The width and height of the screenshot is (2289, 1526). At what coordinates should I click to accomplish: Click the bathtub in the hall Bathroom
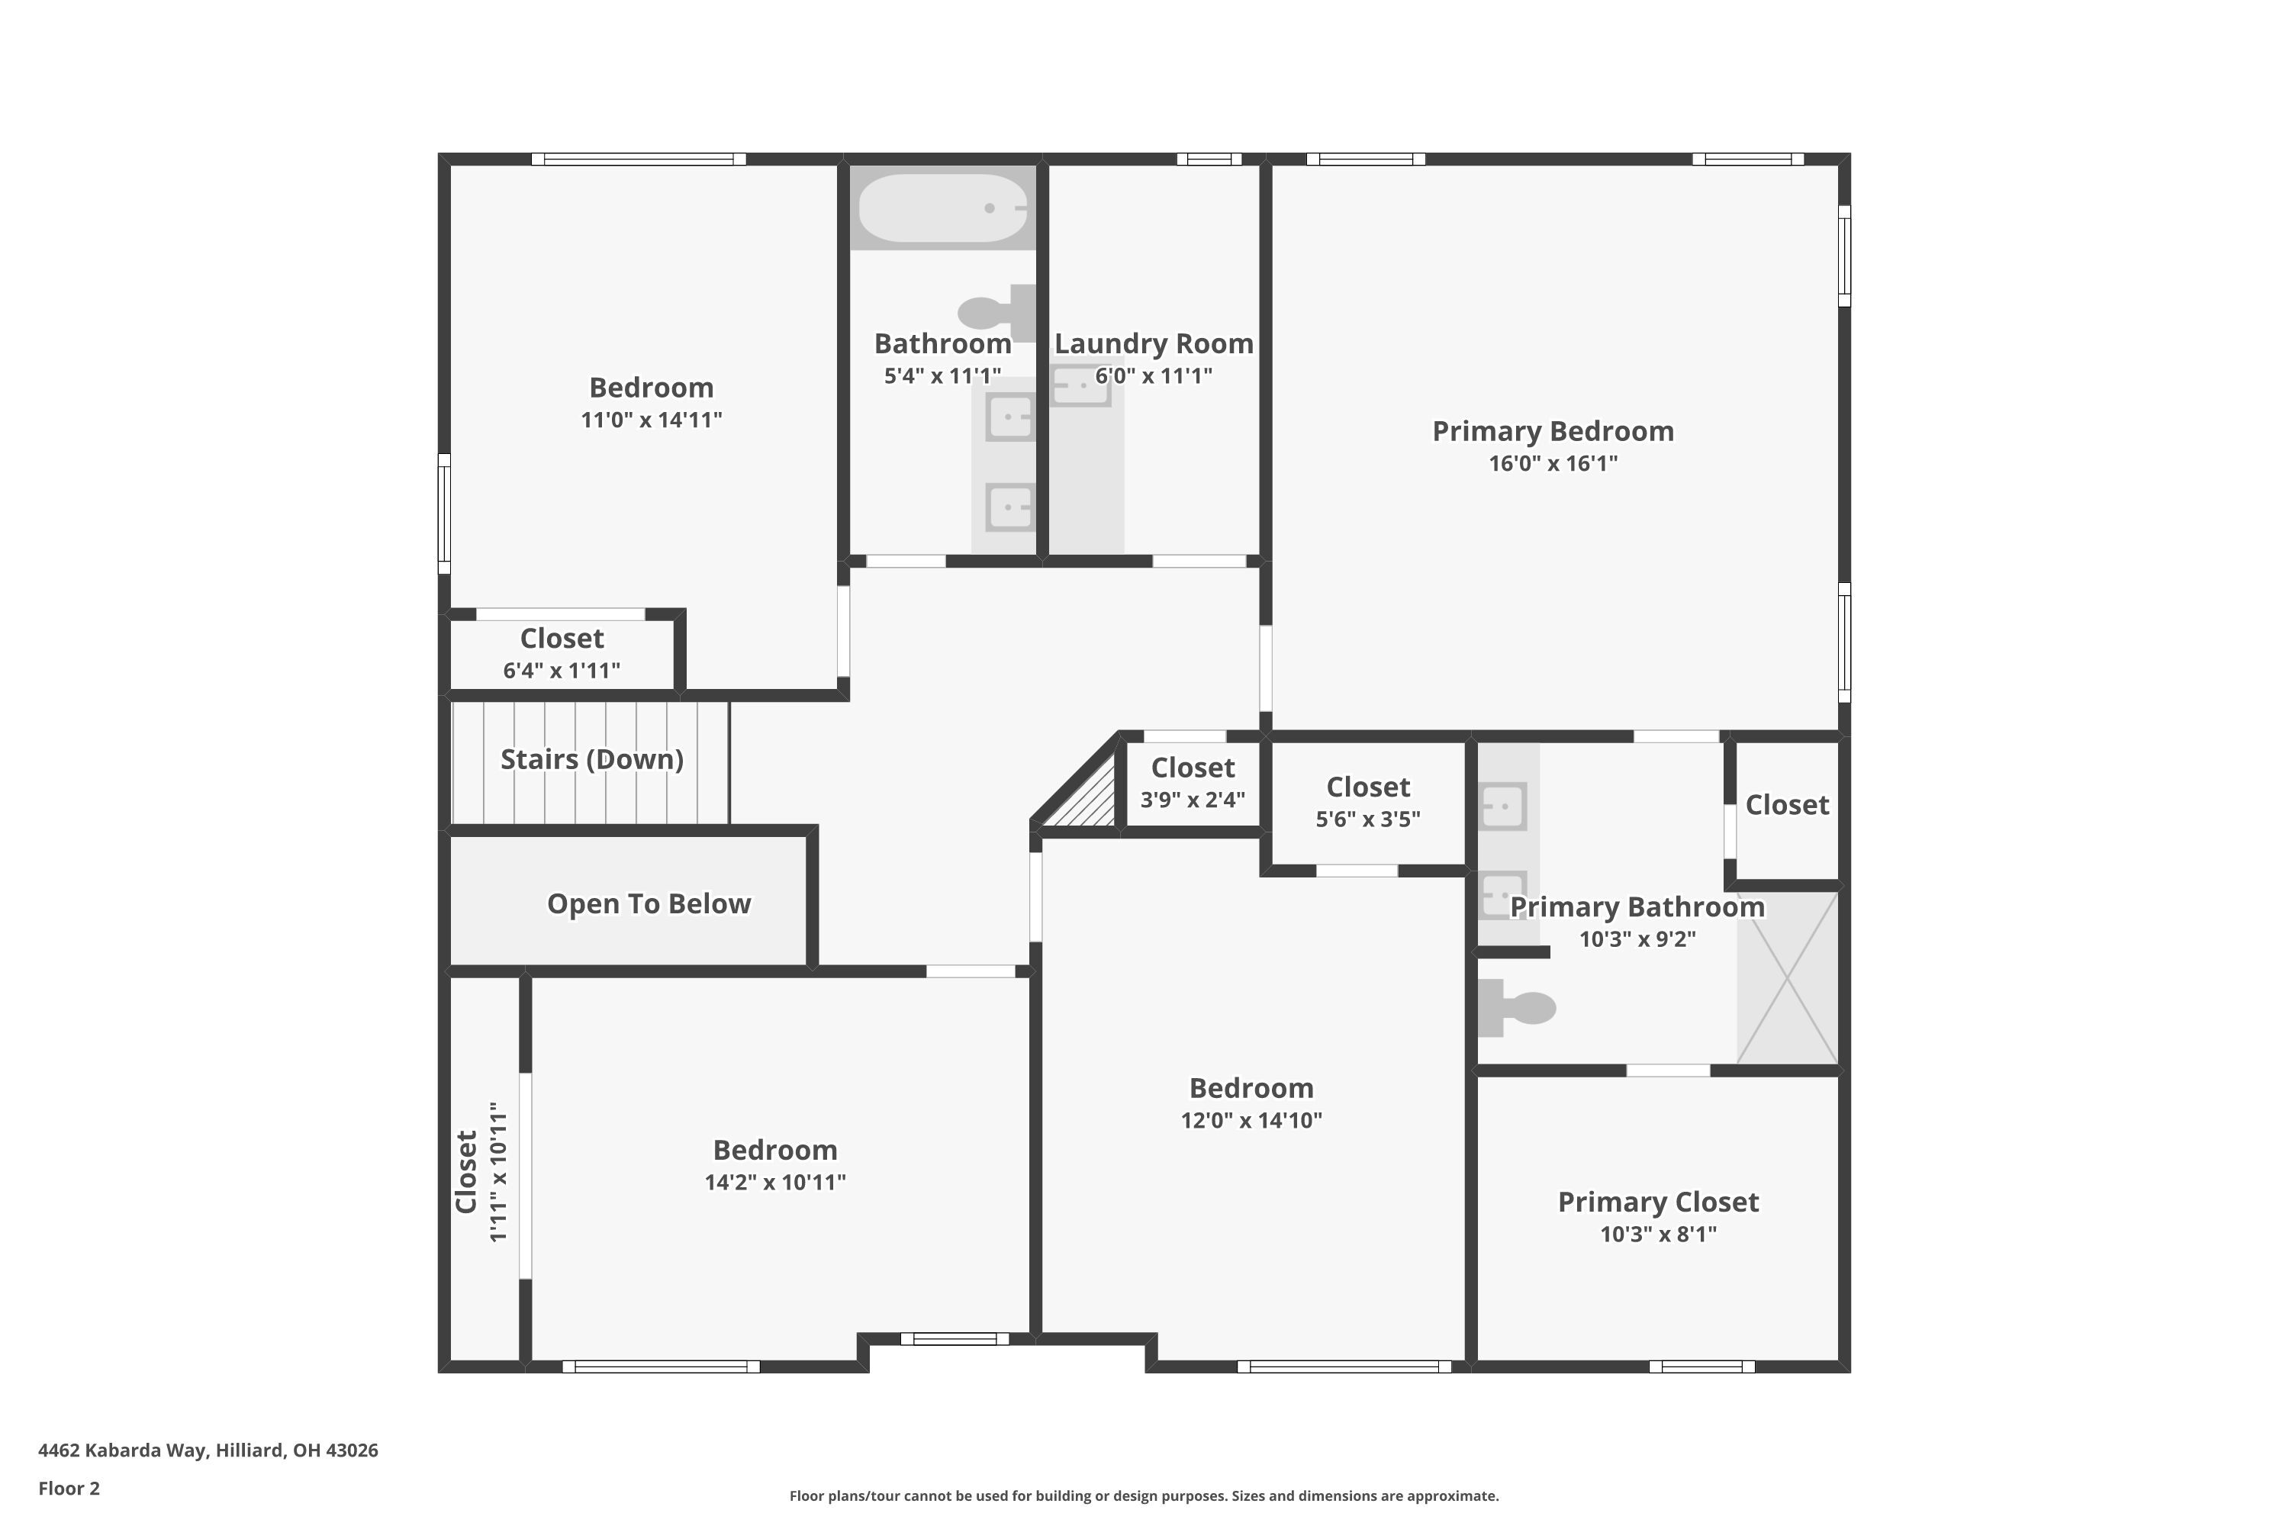[x=942, y=208]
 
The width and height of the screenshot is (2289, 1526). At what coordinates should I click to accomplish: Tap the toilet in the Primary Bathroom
[x=1518, y=1007]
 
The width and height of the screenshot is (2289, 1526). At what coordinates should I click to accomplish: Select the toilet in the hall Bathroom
[x=995, y=312]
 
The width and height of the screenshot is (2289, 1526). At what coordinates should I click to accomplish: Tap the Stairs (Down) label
[x=592, y=759]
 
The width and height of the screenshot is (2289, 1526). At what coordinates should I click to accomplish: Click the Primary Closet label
[x=1657, y=1202]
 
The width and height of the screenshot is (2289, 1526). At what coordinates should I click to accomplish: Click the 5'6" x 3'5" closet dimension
[x=1367, y=819]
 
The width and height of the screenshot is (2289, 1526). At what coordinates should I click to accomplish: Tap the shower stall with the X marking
[x=1787, y=978]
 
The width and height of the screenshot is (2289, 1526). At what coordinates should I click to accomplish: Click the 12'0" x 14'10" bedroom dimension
[x=1251, y=1120]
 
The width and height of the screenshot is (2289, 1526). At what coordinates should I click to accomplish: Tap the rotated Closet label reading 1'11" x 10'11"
[x=481, y=1172]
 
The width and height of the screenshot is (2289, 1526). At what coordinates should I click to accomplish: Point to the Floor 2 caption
[x=69, y=1488]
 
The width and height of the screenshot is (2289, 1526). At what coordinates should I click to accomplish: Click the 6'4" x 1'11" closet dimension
[x=562, y=671]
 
